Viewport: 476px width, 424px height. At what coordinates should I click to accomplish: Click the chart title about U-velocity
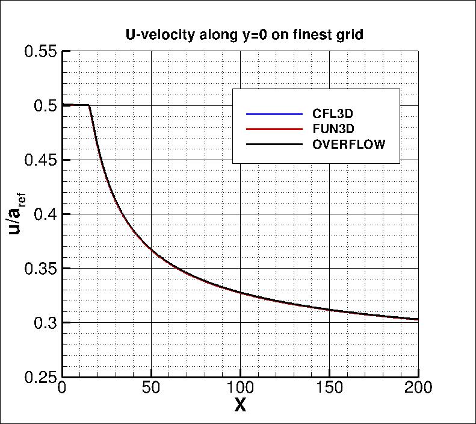[x=240, y=35]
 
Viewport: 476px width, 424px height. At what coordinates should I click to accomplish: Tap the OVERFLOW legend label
[x=348, y=145]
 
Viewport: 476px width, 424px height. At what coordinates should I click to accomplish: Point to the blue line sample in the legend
[x=273, y=114]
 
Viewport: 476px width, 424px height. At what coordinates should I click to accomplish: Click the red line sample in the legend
[x=273, y=129]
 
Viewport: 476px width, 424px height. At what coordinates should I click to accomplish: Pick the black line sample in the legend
[x=273, y=145]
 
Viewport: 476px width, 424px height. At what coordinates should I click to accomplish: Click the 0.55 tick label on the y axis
[x=40, y=51]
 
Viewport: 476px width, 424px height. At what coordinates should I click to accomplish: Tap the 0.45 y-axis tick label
[x=40, y=160]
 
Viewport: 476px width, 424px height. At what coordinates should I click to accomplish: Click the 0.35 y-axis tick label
[x=40, y=268]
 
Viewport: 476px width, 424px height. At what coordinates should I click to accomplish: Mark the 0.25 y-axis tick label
[x=40, y=377]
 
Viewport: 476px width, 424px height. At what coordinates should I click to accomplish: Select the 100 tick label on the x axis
[x=240, y=388]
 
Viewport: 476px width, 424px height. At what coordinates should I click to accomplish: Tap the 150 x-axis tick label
[x=329, y=388]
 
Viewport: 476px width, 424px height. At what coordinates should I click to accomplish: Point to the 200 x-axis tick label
[x=418, y=388]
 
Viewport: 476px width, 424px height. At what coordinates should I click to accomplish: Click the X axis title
[x=240, y=406]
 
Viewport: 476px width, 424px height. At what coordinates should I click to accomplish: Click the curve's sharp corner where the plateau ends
[x=89, y=105]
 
